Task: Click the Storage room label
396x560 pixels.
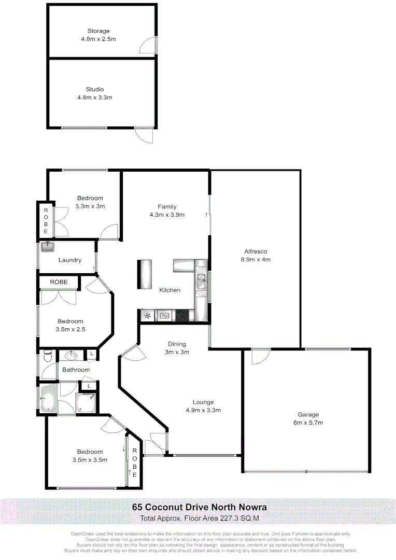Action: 98,31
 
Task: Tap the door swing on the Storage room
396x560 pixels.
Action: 148,45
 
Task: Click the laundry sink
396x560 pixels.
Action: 48,246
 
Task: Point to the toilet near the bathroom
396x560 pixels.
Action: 47,356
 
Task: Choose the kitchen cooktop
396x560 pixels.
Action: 182,315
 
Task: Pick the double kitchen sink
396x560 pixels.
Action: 201,283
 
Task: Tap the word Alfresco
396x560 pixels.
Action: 255,251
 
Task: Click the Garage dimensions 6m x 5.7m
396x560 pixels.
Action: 307,423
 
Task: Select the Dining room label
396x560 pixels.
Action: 177,344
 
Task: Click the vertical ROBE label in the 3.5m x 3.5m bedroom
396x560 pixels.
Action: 134,463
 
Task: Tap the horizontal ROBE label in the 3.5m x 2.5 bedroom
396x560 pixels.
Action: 59,282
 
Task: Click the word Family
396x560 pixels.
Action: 167,206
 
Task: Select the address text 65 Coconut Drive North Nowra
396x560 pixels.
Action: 200,507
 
